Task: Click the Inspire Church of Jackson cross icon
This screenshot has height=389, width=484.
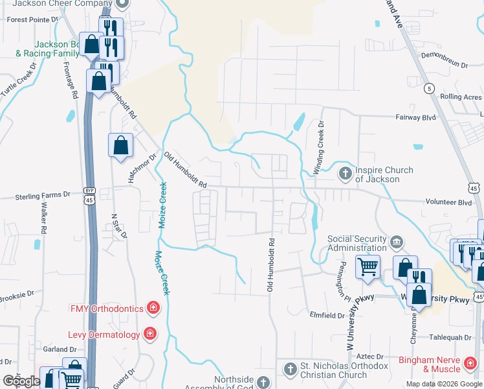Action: pyautogui.click(x=345, y=173)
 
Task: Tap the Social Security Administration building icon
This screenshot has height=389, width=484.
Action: pyautogui.click(x=397, y=242)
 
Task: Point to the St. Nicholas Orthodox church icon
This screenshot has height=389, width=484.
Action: pyautogui.click(x=290, y=370)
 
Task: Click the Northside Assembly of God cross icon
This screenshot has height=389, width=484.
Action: pyautogui.click(x=263, y=383)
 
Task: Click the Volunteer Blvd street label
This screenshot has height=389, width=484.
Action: pyautogui.click(x=448, y=202)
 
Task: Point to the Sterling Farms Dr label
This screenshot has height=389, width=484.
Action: pyautogui.click(x=43, y=194)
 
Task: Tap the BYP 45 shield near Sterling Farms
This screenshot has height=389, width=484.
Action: pyautogui.click(x=89, y=196)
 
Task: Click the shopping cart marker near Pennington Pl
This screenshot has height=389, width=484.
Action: pyautogui.click(x=368, y=265)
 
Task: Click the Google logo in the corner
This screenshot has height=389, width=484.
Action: pyautogui.click(x=22, y=381)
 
